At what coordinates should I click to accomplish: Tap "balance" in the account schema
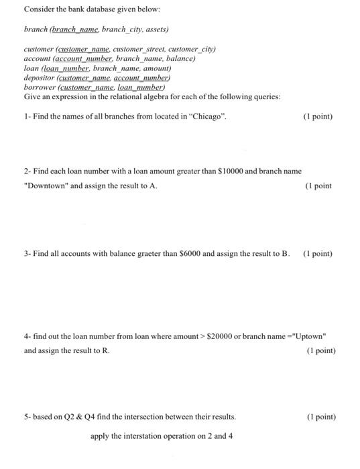180,58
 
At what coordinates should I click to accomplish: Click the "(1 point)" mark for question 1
318,117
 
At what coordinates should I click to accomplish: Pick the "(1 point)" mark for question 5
320,417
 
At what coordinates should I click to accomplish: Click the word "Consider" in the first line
39,10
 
